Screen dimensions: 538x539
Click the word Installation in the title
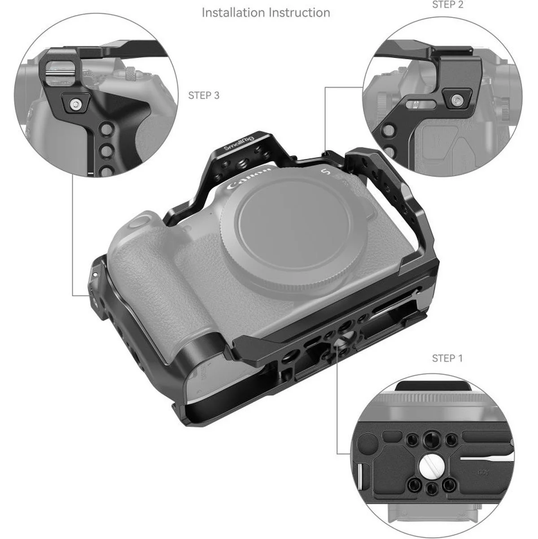click(x=233, y=13)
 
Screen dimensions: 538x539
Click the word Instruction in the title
click(x=300, y=13)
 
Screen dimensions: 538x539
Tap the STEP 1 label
click(x=447, y=358)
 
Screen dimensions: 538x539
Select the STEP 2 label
click(x=447, y=4)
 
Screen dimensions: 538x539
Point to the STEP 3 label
click(x=204, y=96)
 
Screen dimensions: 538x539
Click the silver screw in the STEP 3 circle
click(x=75, y=105)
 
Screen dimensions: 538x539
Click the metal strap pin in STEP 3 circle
click(x=60, y=73)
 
